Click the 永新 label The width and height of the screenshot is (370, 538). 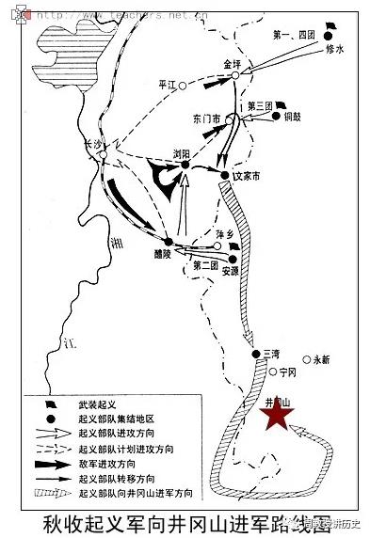coord(322,358)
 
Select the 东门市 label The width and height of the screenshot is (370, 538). coord(206,119)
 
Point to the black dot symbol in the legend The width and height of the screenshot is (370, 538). coord(45,418)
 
